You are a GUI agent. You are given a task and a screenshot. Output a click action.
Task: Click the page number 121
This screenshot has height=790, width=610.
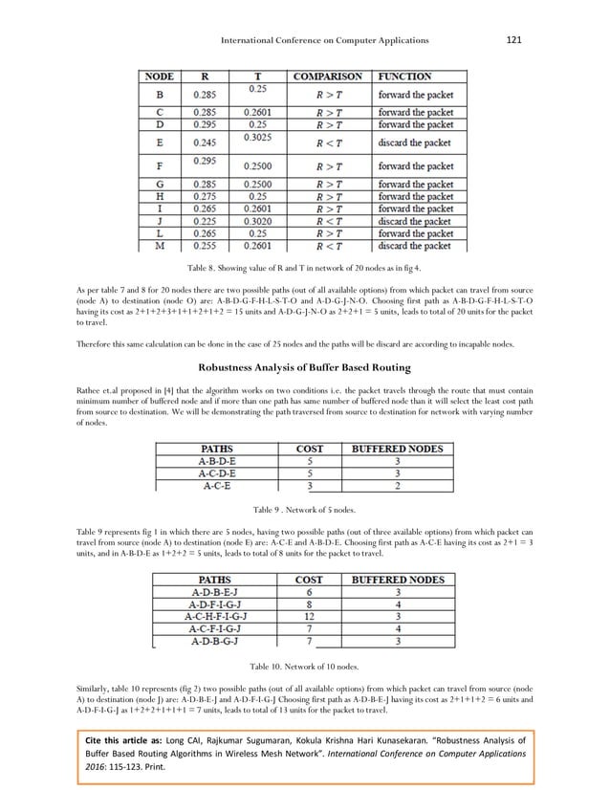(x=512, y=39)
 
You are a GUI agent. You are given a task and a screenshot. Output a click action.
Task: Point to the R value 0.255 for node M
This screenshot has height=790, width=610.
(x=207, y=244)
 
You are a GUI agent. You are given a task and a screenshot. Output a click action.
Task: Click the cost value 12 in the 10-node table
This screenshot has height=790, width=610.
(x=309, y=616)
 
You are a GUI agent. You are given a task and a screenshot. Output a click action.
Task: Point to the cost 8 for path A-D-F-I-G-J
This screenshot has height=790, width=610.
(x=309, y=603)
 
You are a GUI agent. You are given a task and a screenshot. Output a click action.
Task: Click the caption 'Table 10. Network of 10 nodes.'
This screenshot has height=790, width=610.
(x=304, y=665)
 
